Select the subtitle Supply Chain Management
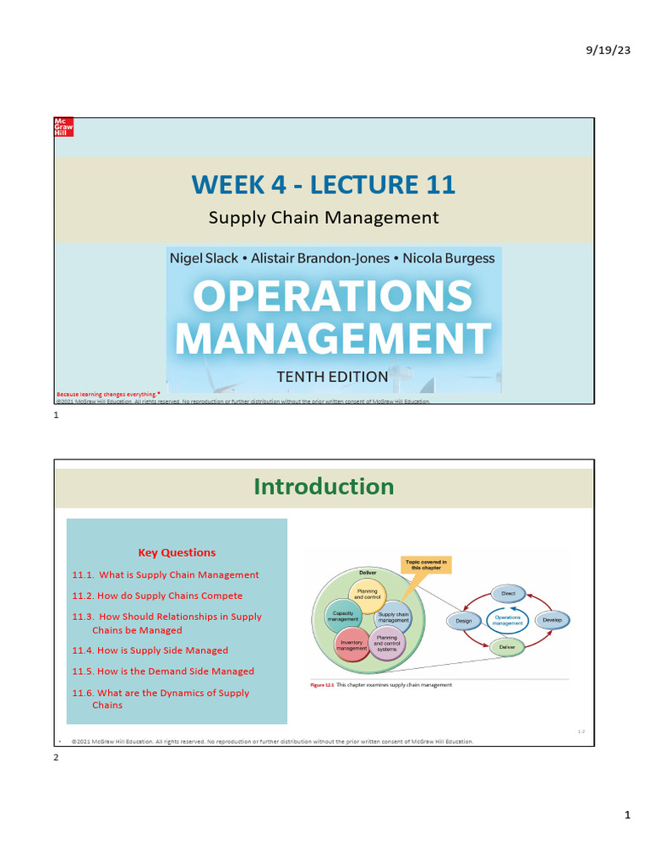coord(324,217)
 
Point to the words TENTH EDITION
coord(332,377)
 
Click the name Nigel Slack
coord(204,258)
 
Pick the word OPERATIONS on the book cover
coord(333,296)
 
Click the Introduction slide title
coord(324,486)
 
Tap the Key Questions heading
coord(177,552)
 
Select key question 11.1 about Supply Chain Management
coord(166,574)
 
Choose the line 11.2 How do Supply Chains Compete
coord(157,596)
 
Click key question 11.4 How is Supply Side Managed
coord(150,650)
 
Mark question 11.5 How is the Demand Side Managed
coord(163,672)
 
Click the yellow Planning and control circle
coord(368,595)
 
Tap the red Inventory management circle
coord(351,645)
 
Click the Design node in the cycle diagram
coord(463,621)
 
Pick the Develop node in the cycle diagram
coord(552,620)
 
